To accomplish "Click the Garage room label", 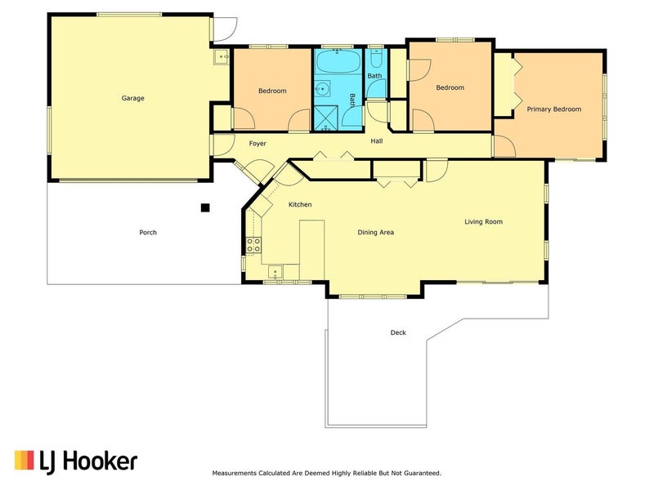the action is pos(132,98).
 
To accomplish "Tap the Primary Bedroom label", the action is pos(554,109).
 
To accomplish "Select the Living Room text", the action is pos(483,221).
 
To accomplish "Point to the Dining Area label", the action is pos(375,232).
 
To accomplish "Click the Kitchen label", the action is pos(300,205).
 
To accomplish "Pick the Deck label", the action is pos(398,332).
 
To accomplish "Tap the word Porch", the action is pos(148,233).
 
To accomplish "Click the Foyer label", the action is pos(258,144).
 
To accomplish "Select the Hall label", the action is pos(377,141).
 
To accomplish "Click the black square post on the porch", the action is pos(205,207).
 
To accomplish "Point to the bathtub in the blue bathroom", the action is pos(338,62).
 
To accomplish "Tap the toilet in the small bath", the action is pos(375,59).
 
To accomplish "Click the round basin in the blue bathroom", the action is pos(322,89).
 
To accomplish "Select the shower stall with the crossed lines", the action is pos(326,118).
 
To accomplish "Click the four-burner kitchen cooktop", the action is pos(253,245).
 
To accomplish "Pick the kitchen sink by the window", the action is pos(275,272).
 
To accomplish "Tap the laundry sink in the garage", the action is pos(221,56).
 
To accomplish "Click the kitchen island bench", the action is pos(312,250).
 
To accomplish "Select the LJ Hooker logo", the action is pos(76,461).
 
